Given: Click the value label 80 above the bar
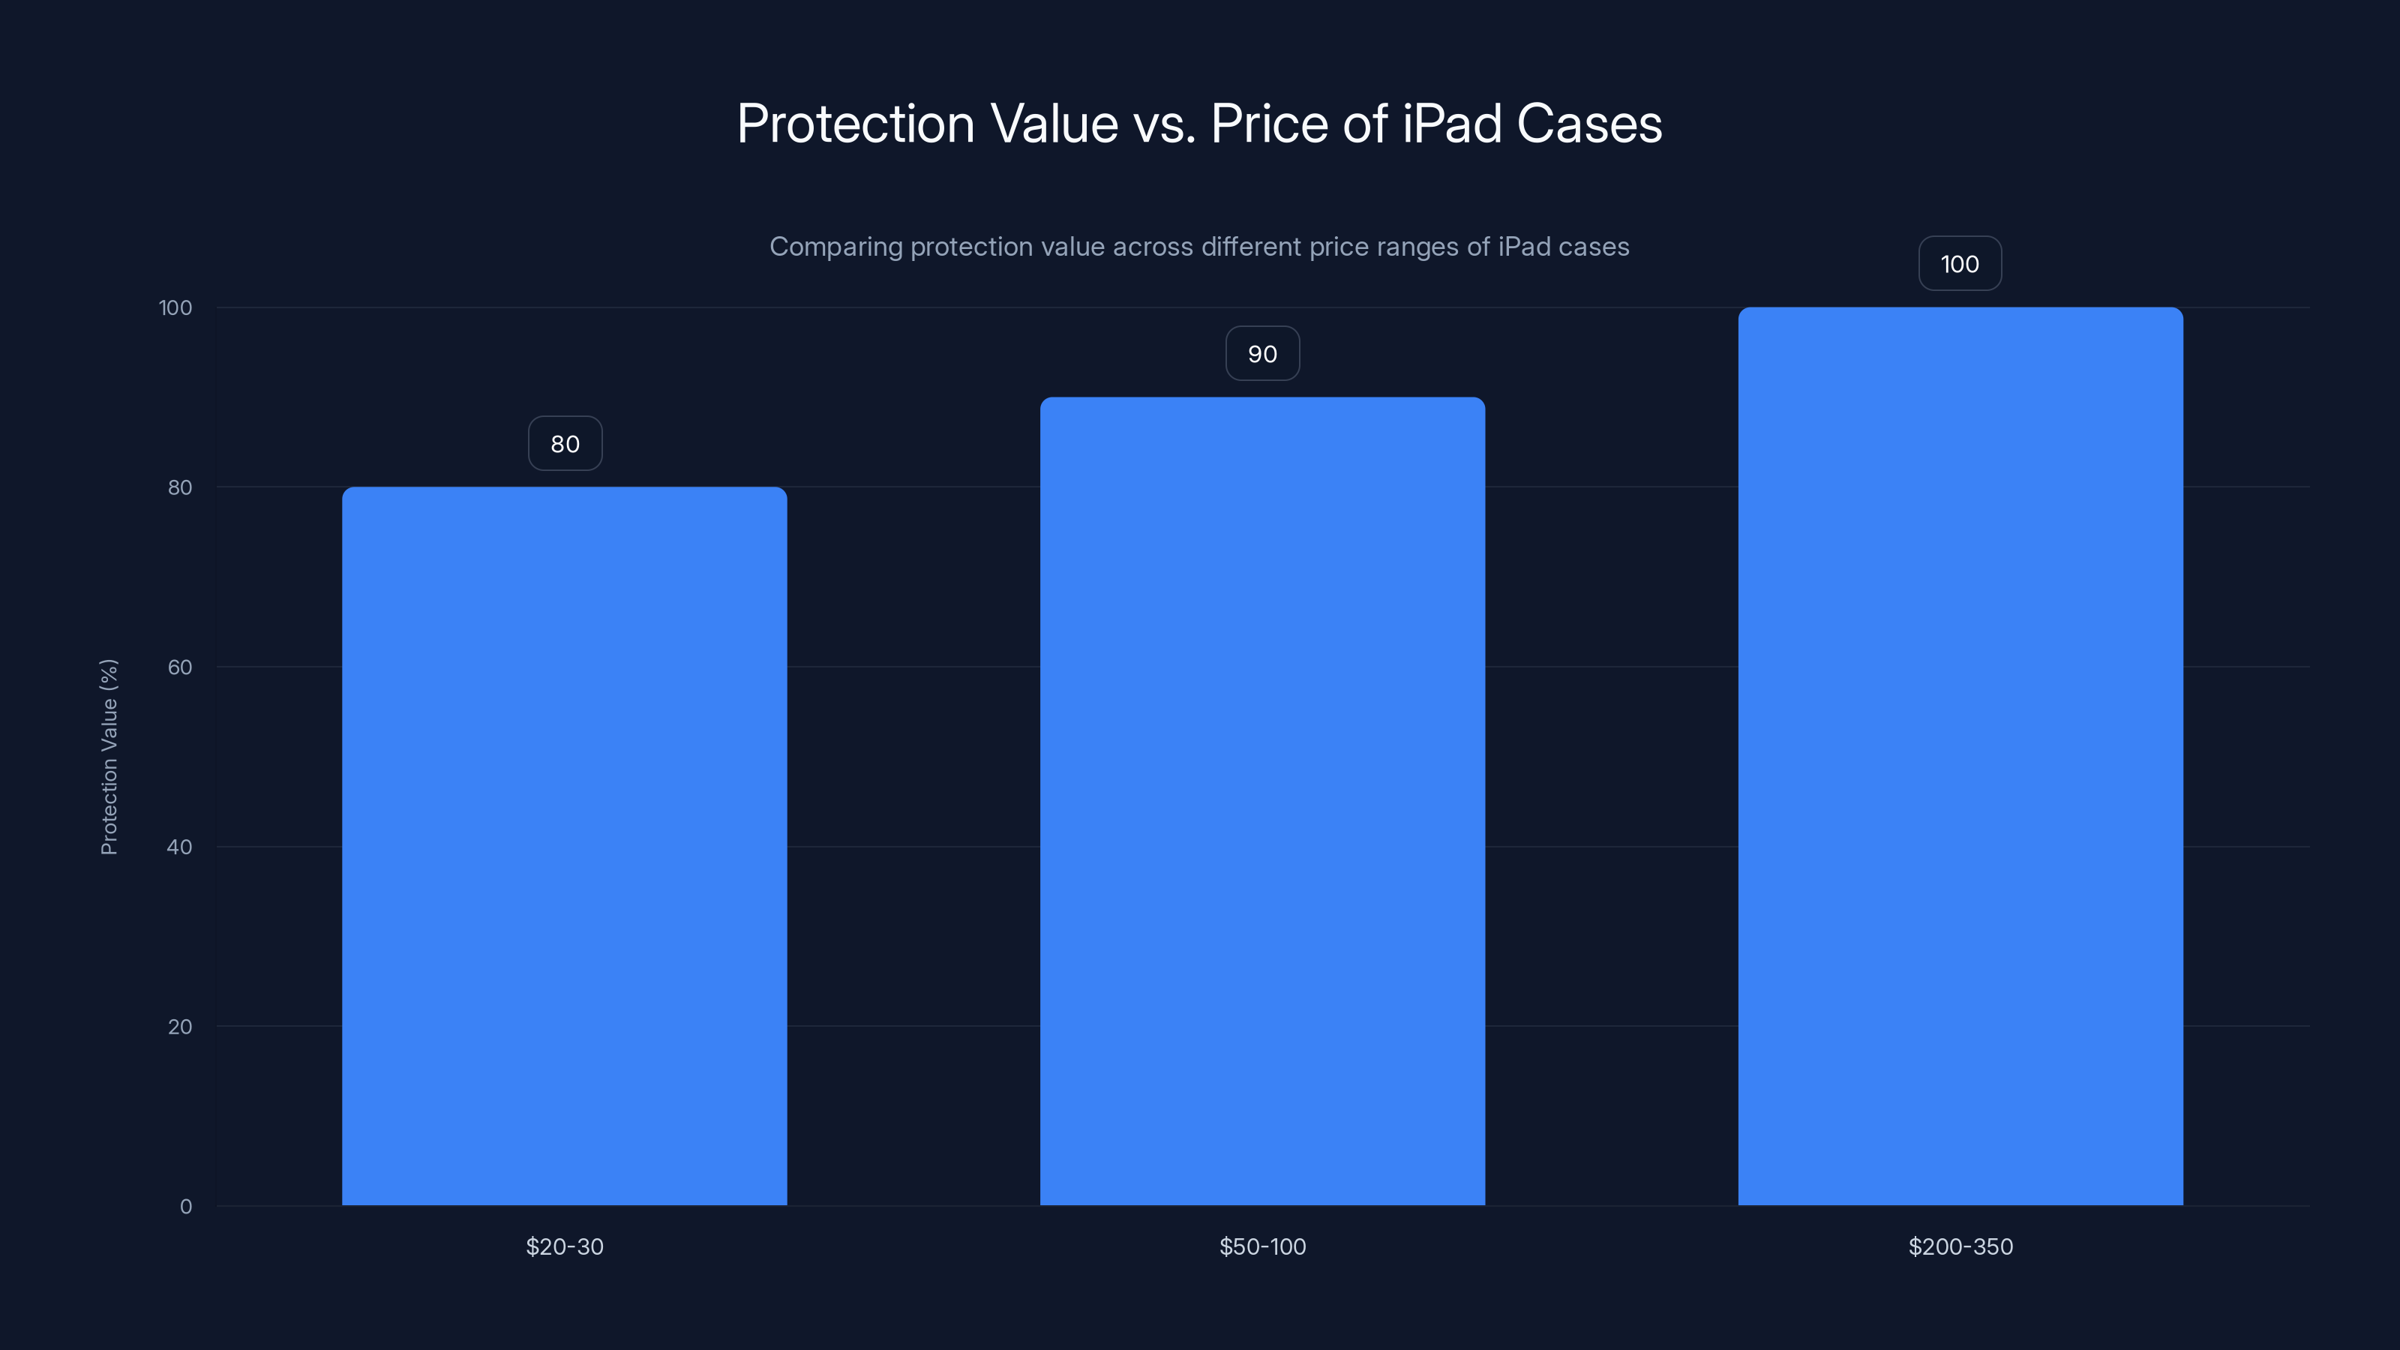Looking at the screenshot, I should coord(565,443).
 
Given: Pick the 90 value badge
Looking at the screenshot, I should coord(1261,354).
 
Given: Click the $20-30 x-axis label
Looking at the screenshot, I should coord(564,1246).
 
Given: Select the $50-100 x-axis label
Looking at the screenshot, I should coord(1261,1246).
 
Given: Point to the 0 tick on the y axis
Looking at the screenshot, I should coord(185,1207).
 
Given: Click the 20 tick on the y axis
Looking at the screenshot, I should coord(180,1027).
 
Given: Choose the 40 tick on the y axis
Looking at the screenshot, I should coord(180,847).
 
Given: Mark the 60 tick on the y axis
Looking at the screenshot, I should coord(180,667).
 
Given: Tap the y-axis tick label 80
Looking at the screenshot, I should coord(180,487).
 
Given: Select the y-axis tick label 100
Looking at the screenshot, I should coord(175,307).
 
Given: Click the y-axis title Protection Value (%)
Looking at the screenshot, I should coord(109,757).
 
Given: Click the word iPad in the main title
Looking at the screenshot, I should coord(1451,123).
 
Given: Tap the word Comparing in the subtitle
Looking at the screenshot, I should coord(835,247).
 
